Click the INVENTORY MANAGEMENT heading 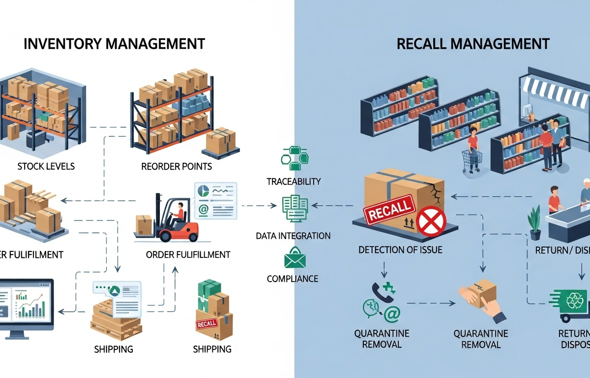pyautogui.click(x=114, y=43)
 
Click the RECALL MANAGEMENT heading pyautogui.click(x=472, y=43)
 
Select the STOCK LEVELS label pyautogui.click(x=46, y=166)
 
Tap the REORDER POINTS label pyautogui.click(x=177, y=166)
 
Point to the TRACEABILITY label pyautogui.click(x=294, y=181)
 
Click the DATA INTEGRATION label pyautogui.click(x=293, y=236)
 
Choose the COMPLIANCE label pyautogui.click(x=293, y=279)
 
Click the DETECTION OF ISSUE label pyautogui.click(x=400, y=250)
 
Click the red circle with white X pyautogui.click(x=431, y=220)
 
